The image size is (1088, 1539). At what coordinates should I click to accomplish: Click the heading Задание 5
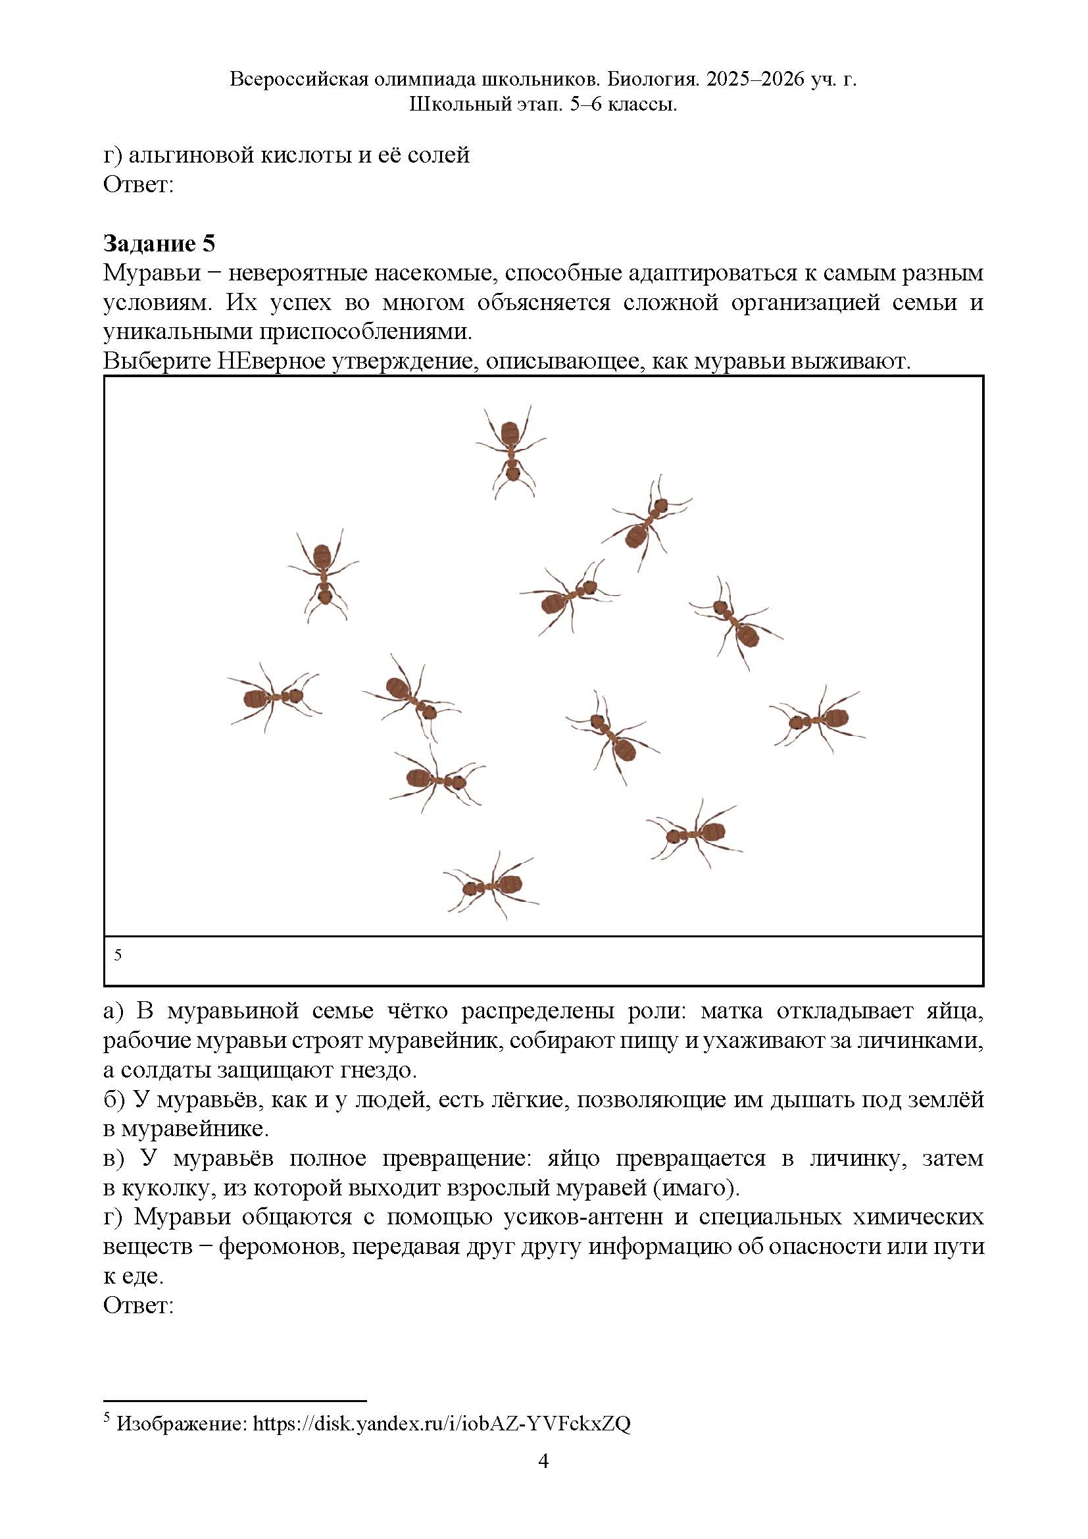(x=159, y=244)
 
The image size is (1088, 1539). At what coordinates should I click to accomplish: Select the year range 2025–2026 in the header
(x=754, y=80)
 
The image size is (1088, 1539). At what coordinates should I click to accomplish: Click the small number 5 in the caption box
(x=118, y=954)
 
